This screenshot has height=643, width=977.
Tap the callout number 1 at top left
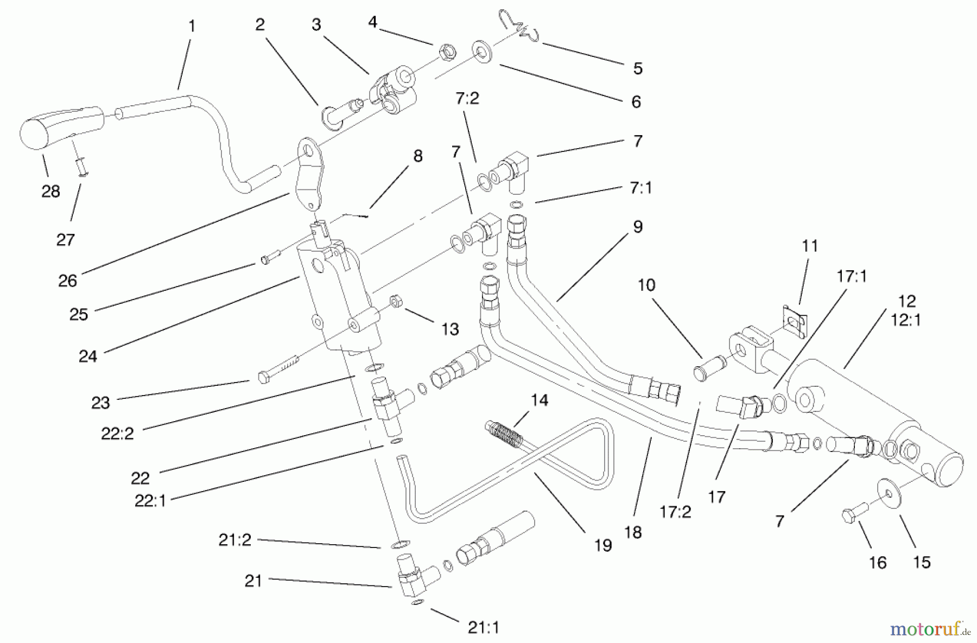(192, 26)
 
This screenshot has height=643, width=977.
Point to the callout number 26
(67, 281)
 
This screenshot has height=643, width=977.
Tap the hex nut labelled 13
(395, 301)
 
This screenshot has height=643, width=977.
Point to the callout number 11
(810, 246)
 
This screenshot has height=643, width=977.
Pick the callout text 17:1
(852, 276)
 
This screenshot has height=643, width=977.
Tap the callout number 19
(603, 545)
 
